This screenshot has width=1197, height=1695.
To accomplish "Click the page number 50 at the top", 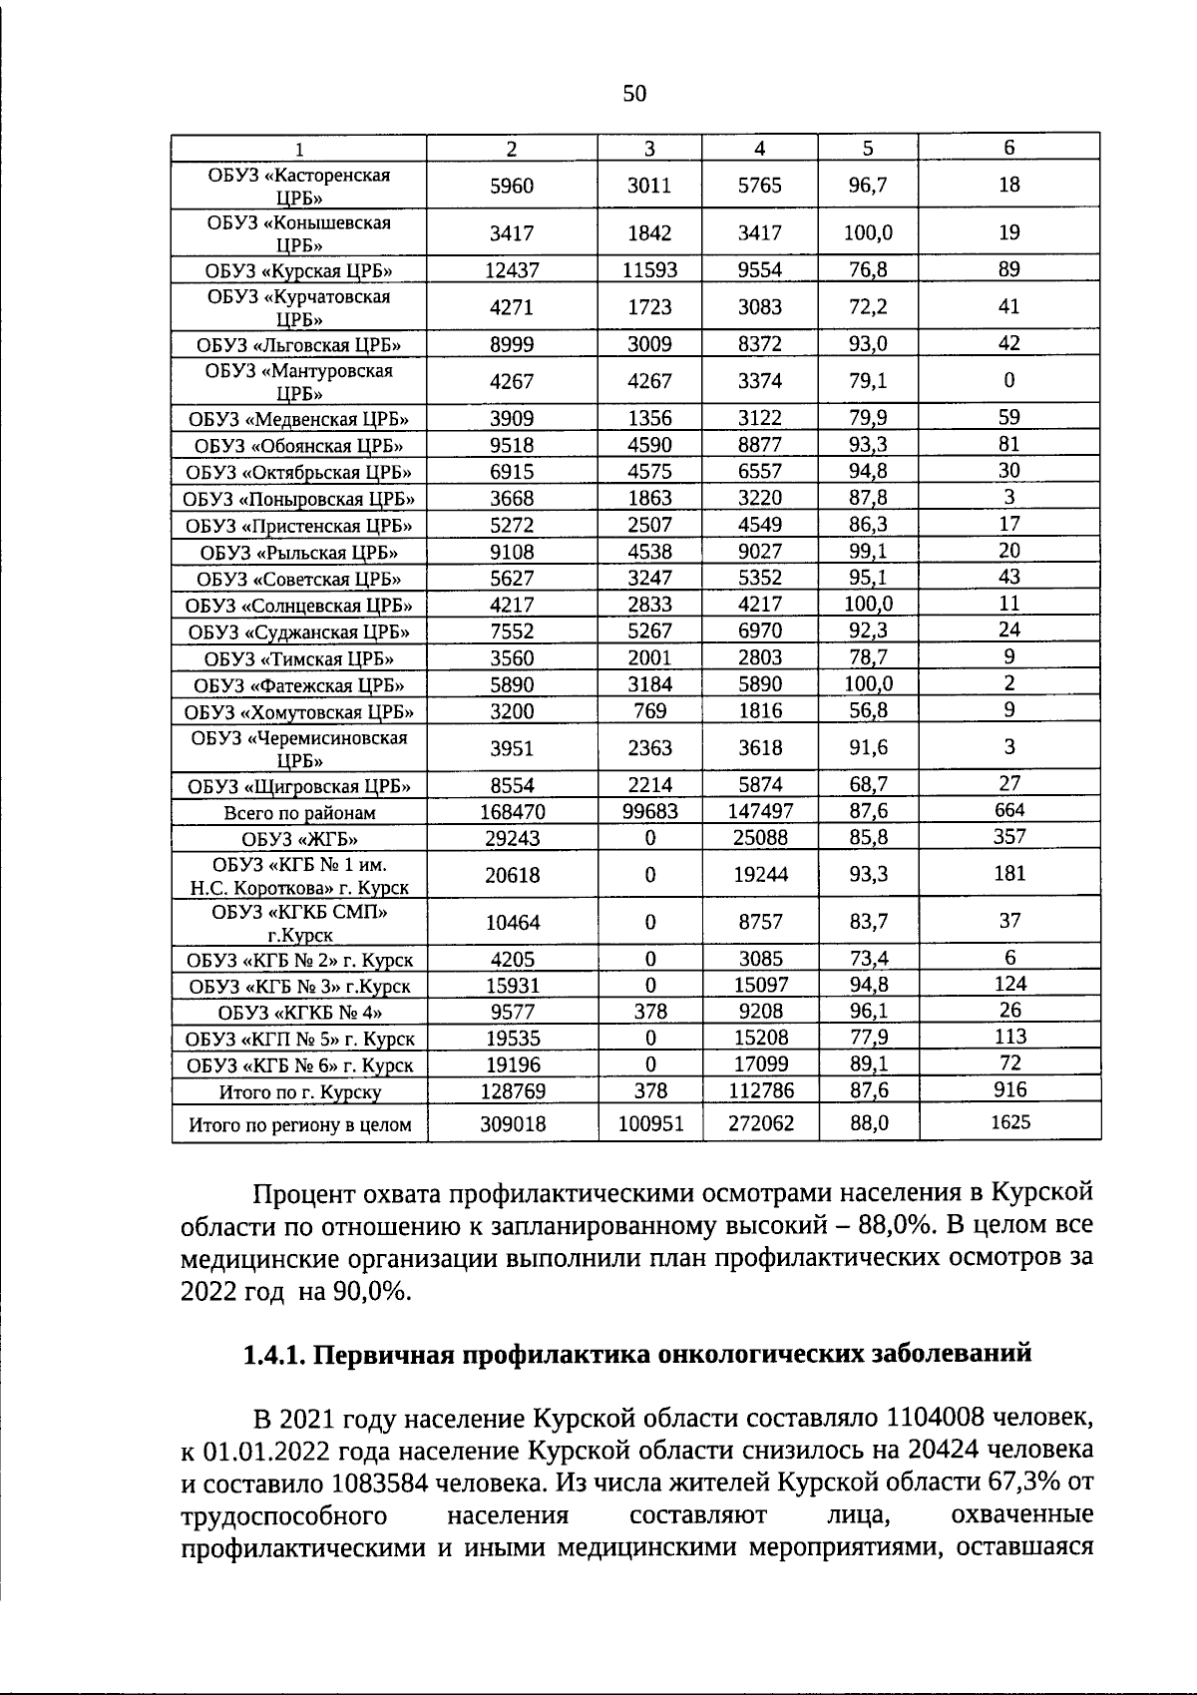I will click(x=634, y=94).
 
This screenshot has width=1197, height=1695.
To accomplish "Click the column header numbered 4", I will click(x=760, y=148).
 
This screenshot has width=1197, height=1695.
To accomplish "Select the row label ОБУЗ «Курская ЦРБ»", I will click(x=299, y=270).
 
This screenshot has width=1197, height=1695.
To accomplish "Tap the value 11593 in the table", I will click(x=649, y=270).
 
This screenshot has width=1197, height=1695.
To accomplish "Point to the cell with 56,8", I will click(x=868, y=710).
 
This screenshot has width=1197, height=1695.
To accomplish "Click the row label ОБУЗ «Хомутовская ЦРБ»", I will click(x=299, y=712).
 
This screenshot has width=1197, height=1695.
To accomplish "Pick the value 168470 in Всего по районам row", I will click(x=512, y=812).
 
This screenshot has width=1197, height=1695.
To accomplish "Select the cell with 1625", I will click(x=1009, y=1122).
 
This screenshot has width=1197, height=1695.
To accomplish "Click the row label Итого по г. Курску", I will click(x=299, y=1092).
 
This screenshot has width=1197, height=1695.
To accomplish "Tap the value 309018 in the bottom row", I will click(x=512, y=1123).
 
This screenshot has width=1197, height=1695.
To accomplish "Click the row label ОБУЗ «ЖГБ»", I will click(x=299, y=839).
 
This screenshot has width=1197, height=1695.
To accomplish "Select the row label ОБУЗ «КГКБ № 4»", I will click(x=299, y=1013).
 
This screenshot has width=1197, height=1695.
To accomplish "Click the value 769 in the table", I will click(x=649, y=711).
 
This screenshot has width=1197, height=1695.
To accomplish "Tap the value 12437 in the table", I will click(x=512, y=270).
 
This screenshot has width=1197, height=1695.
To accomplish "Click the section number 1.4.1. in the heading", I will click(x=276, y=1355).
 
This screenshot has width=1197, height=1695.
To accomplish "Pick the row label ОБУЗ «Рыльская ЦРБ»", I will click(x=299, y=553).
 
